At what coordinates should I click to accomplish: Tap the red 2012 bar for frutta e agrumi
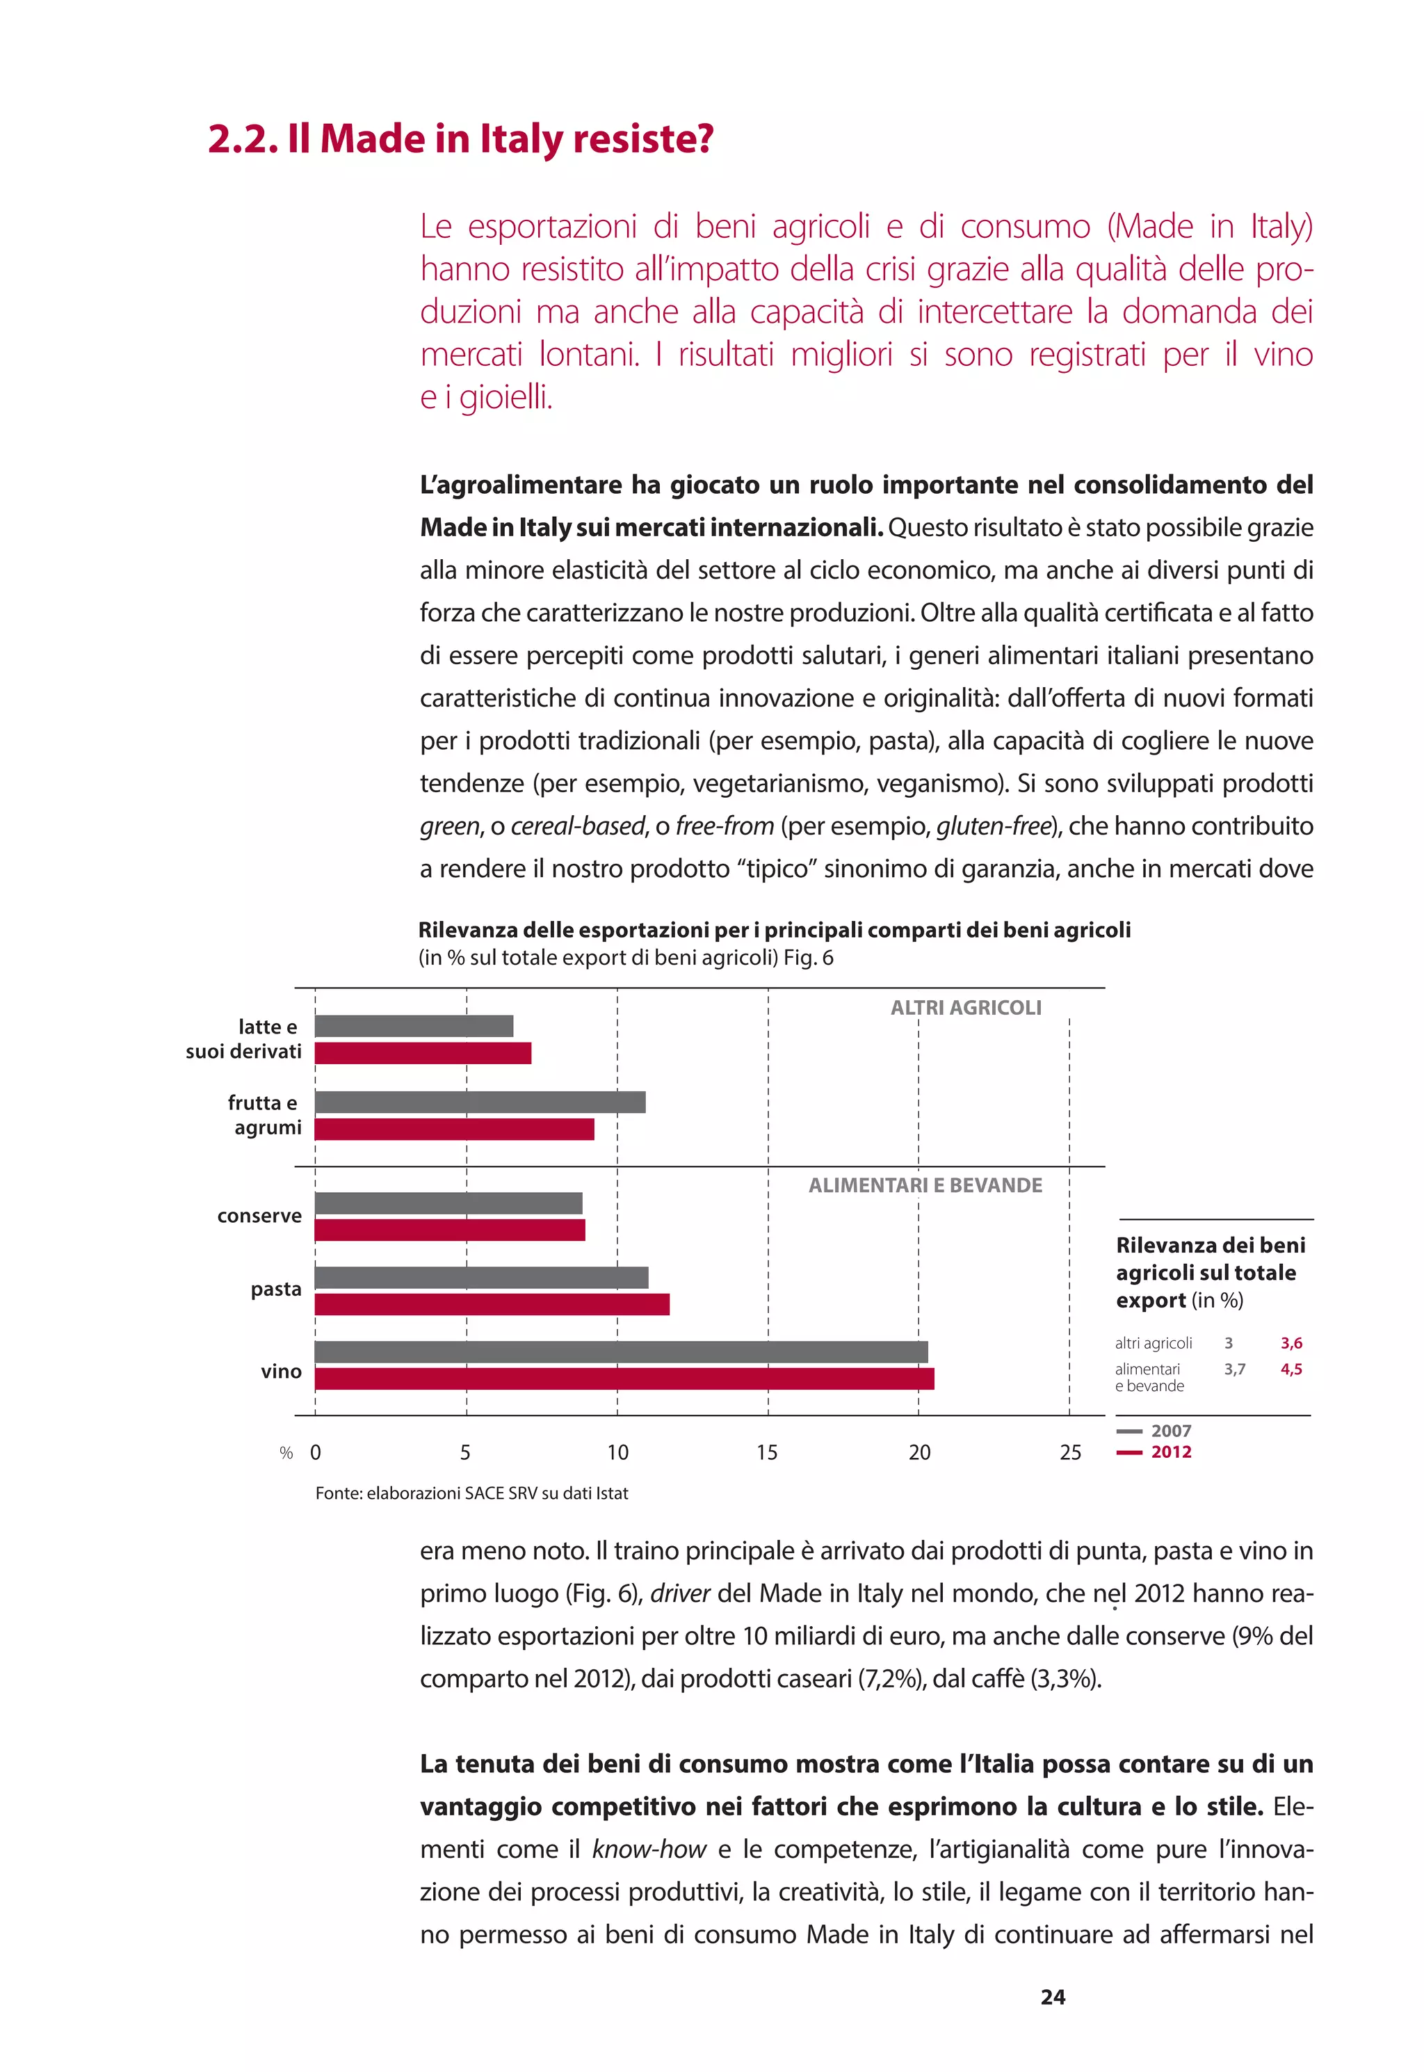point(454,1129)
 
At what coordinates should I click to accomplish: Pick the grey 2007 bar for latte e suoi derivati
point(414,1025)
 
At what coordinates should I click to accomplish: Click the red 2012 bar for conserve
point(450,1230)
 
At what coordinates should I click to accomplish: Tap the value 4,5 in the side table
point(1290,1369)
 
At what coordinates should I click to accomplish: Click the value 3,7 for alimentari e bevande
point(1234,1369)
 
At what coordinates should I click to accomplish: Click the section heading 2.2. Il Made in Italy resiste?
point(460,139)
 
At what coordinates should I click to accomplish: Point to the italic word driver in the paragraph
point(679,1593)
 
